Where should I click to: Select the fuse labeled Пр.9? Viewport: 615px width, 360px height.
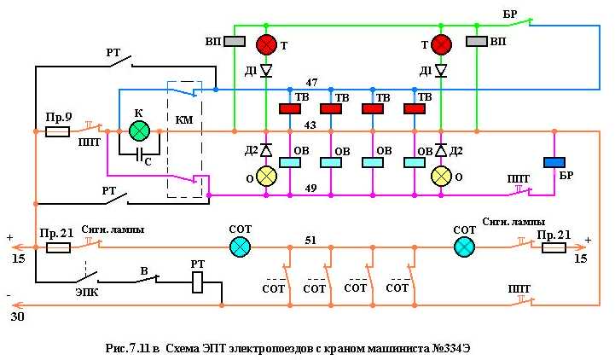(x=57, y=131)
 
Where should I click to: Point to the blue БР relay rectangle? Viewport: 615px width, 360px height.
(x=554, y=163)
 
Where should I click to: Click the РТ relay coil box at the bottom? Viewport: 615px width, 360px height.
(x=197, y=282)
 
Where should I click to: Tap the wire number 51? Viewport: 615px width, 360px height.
(x=313, y=240)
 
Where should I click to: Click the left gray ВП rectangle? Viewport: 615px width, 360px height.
(x=235, y=41)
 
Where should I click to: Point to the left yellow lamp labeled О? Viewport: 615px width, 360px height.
(x=267, y=176)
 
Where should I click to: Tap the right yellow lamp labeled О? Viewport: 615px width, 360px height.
(x=441, y=176)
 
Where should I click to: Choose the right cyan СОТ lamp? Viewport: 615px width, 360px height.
(x=464, y=247)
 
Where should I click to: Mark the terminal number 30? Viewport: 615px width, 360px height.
(x=17, y=316)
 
